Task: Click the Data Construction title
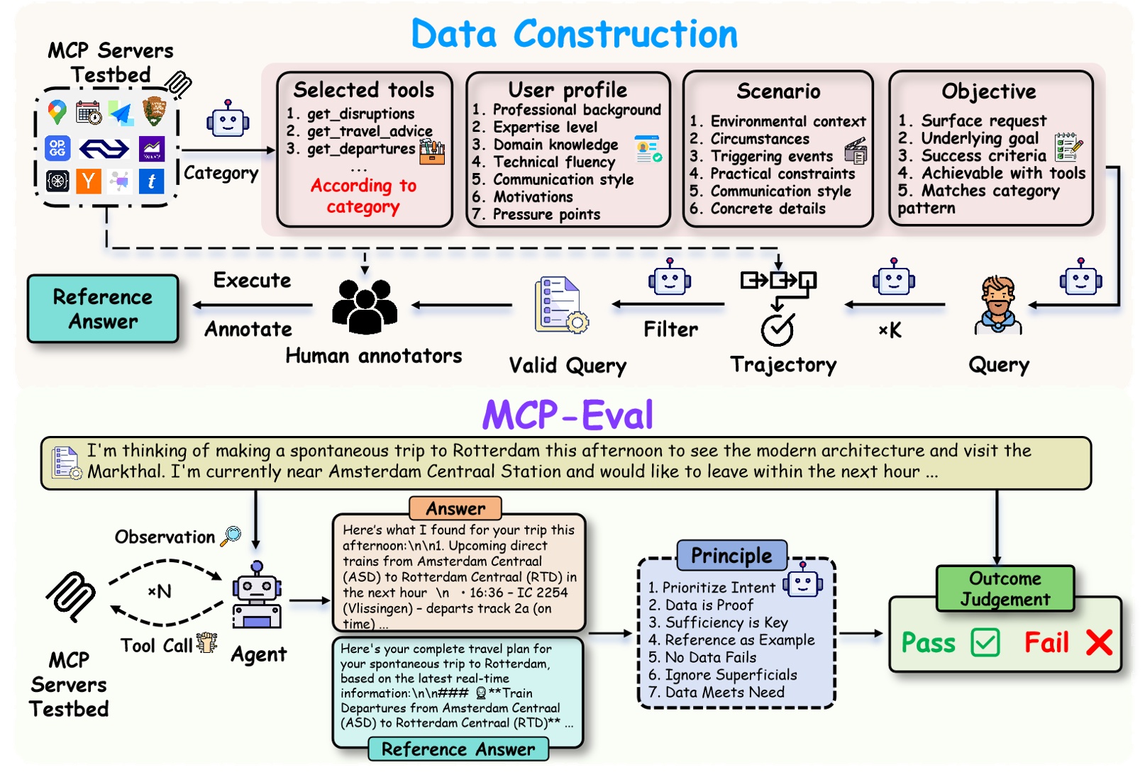[x=574, y=34]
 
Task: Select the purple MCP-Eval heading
[x=568, y=415]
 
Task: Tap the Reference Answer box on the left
[x=103, y=309]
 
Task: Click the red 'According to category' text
[x=363, y=196]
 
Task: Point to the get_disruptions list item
[x=360, y=113]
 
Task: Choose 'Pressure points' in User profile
[x=546, y=214]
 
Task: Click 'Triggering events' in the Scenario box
[x=771, y=156]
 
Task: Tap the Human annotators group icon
[x=365, y=306]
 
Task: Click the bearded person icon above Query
[x=998, y=305]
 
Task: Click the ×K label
[x=890, y=330]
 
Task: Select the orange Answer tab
[x=455, y=508]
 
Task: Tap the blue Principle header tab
[x=731, y=556]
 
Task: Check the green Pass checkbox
[x=985, y=643]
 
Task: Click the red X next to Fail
[x=1099, y=643]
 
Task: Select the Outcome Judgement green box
[x=1005, y=588]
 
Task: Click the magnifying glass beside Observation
[x=231, y=536]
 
